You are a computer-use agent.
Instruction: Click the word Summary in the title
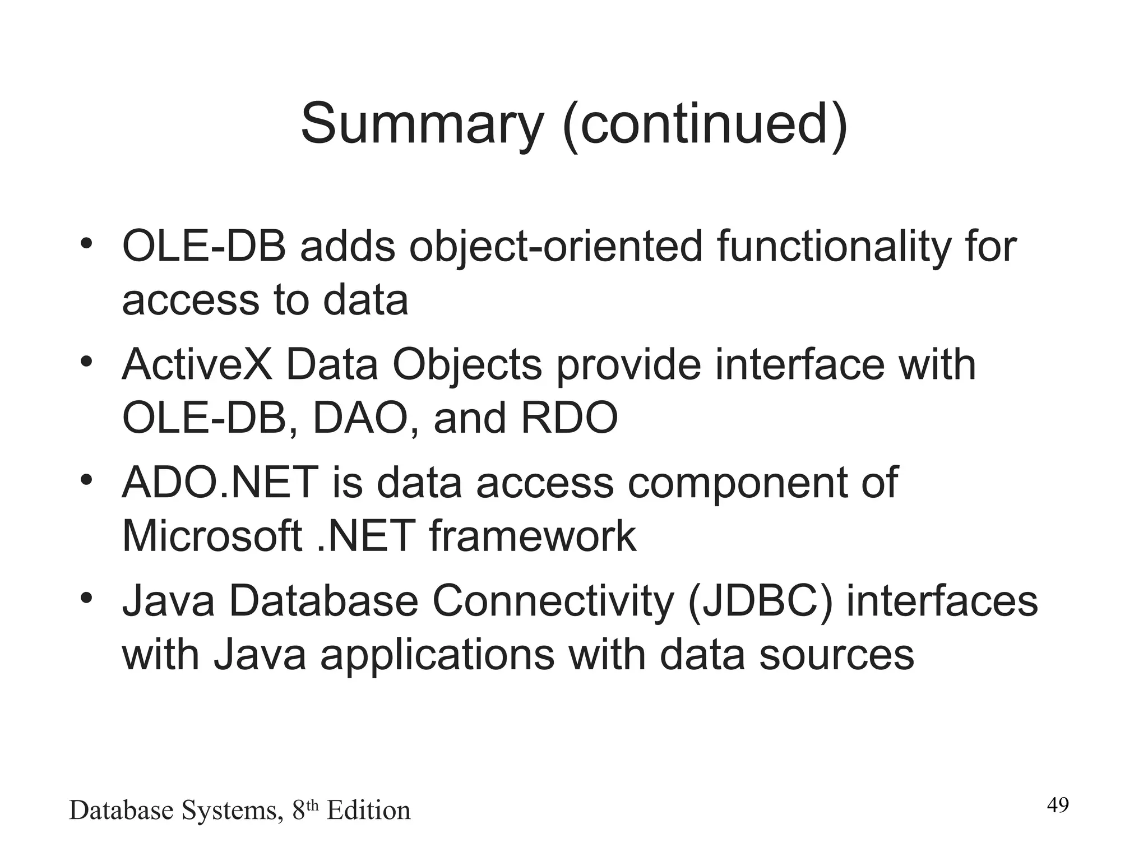[x=422, y=124]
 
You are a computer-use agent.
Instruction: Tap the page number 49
[x=1058, y=805]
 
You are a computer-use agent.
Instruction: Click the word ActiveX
[x=197, y=365]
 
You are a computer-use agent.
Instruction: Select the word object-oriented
[x=556, y=247]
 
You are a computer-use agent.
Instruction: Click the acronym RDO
[x=569, y=418]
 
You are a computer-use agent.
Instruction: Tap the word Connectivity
[x=552, y=602]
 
